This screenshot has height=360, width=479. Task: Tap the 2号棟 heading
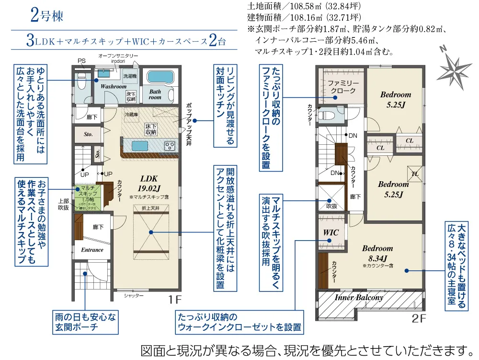(46, 15)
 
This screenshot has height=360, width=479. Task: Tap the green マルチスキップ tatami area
(88, 196)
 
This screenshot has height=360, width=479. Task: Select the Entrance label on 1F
(92, 250)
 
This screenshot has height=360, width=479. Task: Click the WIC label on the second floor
(331, 232)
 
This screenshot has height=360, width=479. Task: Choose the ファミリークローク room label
(342, 87)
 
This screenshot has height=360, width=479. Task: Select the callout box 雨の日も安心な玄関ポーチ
(85, 322)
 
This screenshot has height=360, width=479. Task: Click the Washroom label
(113, 86)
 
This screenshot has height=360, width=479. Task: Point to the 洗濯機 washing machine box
(130, 76)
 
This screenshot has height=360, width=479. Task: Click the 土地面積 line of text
(304, 7)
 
